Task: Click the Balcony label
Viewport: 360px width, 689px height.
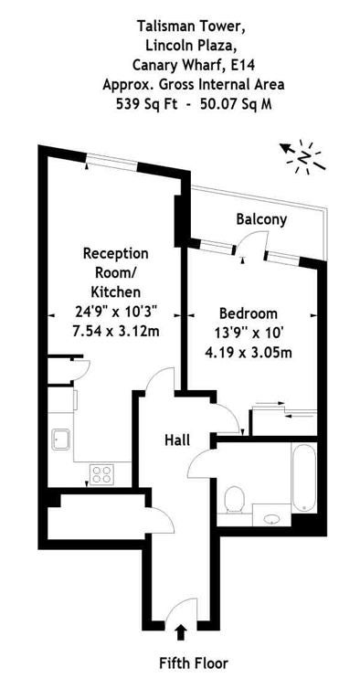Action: (x=261, y=218)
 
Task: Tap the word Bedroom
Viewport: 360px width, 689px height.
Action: (x=249, y=313)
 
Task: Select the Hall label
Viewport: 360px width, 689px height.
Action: (x=177, y=440)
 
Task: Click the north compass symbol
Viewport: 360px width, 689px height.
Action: (x=303, y=157)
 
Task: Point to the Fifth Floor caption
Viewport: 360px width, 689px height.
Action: (x=194, y=662)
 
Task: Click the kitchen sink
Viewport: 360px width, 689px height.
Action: (x=60, y=440)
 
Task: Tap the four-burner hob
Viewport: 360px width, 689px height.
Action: (x=101, y=474)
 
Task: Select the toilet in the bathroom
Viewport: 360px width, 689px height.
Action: (x=234, y=500)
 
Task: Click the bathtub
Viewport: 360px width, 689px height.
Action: (x=304, y=477)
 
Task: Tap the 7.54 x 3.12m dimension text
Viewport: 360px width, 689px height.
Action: (x=116, y=331)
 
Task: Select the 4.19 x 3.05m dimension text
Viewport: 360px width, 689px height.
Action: (x=249, y=353)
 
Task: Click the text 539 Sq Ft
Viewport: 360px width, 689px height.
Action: (x=147, y=104)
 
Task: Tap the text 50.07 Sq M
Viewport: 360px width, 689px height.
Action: (x=235, y=104)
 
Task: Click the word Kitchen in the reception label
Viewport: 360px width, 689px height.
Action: (x=116, y=291)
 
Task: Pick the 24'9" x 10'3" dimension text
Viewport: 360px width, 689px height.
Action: (x=116, y=312)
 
